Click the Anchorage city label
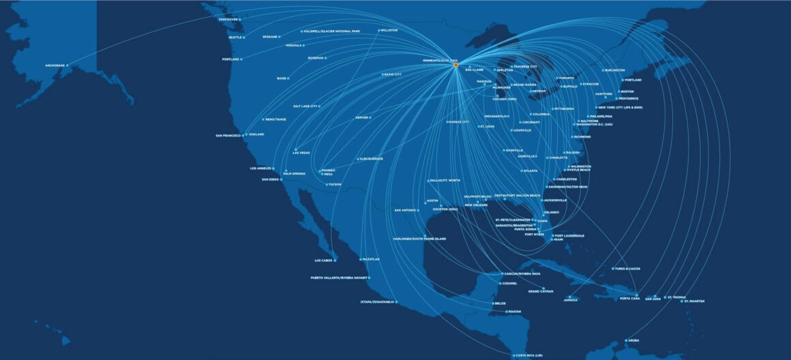[55, 65]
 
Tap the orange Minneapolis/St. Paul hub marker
[456, 65]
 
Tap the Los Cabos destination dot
[335, 260]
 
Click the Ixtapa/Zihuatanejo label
[377, 301]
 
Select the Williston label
[389, 30]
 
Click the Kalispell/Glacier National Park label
[331, 31]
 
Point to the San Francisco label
[228, 136]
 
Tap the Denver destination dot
[370, 117]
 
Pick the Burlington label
[614, 70]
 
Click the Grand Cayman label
[541, 291]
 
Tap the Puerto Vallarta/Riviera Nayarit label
[339, 277]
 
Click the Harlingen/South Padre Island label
[420, 239]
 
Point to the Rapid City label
[393, 74]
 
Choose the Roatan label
[514, 312]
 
